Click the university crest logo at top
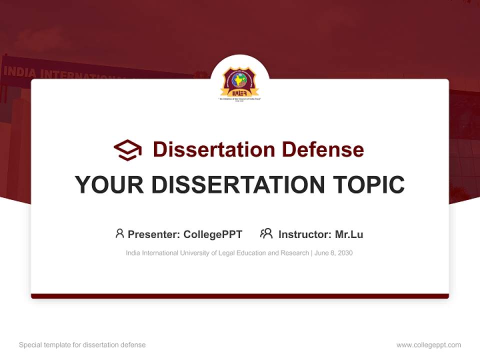pyautogui.click(x=240, y=82)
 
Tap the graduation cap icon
pyautogui.click(x=127, y=150)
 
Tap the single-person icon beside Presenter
pyautogui.click(x=119, y=233)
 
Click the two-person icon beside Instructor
pyautogui.click(x=266, y=233)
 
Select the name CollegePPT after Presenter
pyautogui.click(x=212, y=234)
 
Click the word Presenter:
pyautogui.click(x=154, y=234)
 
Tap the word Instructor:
pyautogui.click(x=304, y=234)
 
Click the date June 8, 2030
pyautogui.click(x=333, y=253)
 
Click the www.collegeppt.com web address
pyautogui.click(x=428, y=345)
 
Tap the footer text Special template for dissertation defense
pyautogui.click(x=82, y=345)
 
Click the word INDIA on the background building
pyautogui.click(x=20, y=71)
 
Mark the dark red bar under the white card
pyautogui.click(x=240, y=296)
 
